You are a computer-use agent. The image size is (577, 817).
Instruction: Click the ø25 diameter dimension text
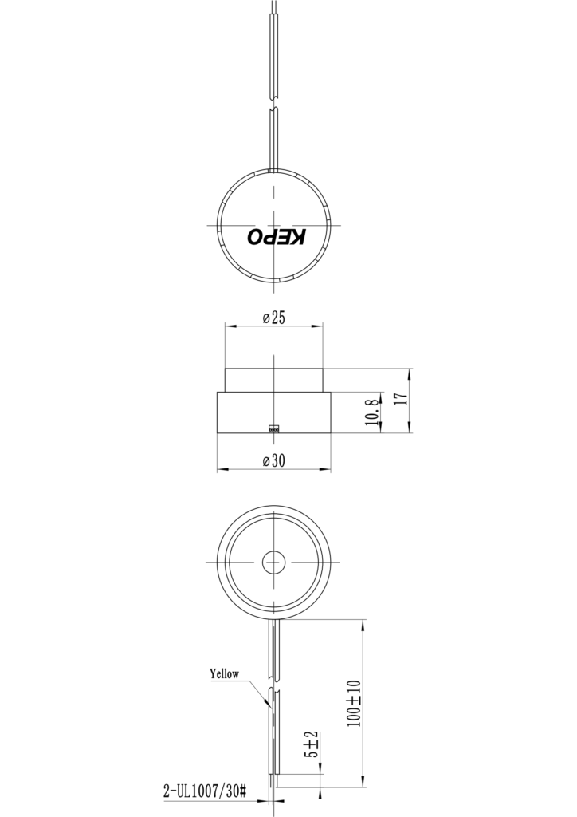click(x=273, y=318)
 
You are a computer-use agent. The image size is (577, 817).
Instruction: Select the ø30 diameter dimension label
click(x=273, y=460)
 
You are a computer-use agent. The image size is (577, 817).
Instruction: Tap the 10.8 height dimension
click(x=371, y=412)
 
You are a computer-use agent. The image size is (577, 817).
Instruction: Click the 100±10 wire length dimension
click(x=354, y=703)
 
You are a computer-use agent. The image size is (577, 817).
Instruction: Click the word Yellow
click(x=224, y=673)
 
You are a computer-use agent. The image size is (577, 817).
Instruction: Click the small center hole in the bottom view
click(x=273, y=562)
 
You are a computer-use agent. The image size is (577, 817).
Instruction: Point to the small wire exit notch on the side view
click(x=273, y=428)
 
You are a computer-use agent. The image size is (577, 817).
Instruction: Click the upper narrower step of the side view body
click(x=273, y=380)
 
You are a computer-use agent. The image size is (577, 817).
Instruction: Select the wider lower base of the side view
click(x=273, y=412)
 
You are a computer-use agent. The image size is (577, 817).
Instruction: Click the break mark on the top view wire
click(x=273, y=105)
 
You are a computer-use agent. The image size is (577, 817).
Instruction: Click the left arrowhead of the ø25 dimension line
click(x=229, y=326)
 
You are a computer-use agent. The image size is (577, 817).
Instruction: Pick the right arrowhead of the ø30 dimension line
click(x=326, y=469)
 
